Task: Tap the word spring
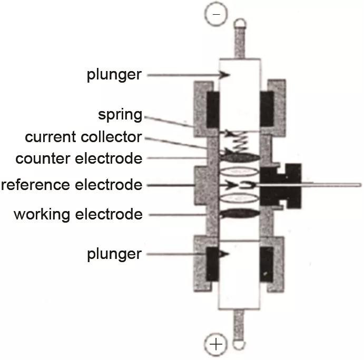120,115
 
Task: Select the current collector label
83,137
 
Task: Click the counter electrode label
79,158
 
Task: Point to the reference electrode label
72,185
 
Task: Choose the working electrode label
78,214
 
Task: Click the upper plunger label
114,75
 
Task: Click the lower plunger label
114,254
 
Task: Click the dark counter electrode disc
240,157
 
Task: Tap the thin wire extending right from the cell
332,185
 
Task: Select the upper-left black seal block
213,109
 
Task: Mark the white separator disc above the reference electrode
240,171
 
